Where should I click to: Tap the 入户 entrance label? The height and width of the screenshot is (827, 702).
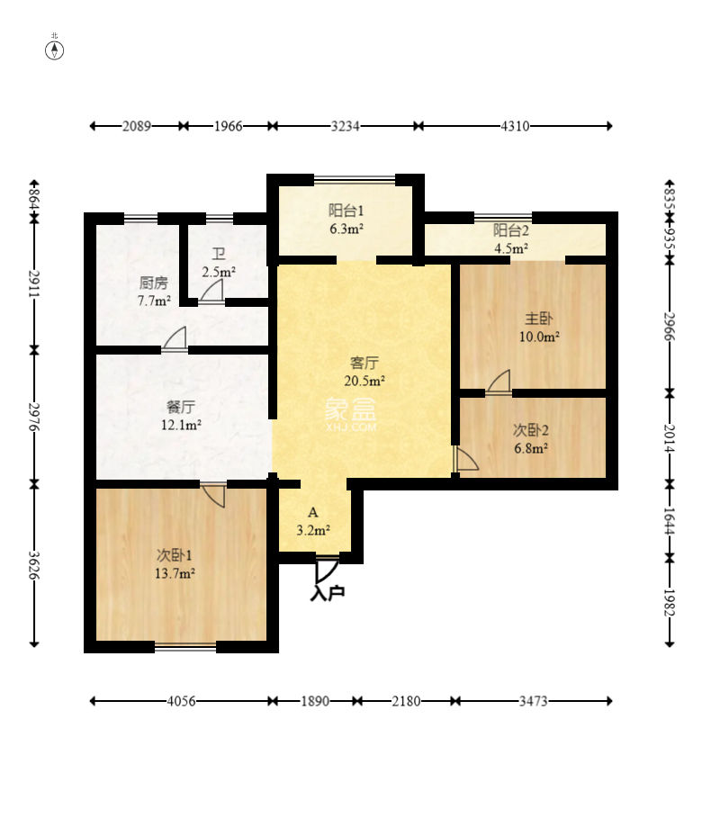click(328, 593)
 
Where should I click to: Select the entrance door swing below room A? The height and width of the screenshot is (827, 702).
click(327, 569)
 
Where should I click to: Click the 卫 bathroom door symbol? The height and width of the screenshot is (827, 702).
click(211, 292)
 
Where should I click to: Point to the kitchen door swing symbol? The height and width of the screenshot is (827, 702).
click(175, 338)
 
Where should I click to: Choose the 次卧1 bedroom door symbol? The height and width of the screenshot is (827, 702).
click(213, 494)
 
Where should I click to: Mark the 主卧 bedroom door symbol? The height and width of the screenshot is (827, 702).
click(499, 382)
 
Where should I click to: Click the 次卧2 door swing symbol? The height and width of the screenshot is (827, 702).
click(465, 459)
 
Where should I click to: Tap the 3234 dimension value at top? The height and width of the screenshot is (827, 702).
click(346, 126)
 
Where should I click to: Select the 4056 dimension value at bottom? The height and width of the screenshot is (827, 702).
click(181, 702)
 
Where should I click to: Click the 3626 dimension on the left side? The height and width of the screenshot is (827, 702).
click(35, 565)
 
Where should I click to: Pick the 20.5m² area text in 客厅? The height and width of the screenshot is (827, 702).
click(364, 381)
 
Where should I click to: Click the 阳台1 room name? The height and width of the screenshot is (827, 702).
click(346, 211)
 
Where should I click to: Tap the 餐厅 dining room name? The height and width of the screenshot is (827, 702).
click(181, 407)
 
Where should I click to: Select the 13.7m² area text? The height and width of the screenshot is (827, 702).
click(175, 573)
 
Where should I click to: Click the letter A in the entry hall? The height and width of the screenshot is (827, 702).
click(313, 513)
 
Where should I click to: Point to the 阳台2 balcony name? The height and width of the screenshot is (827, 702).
click(511, 230)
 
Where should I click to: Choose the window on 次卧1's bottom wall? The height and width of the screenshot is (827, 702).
click(185, 647)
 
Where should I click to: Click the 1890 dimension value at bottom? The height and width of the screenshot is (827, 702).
click(315, 702)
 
